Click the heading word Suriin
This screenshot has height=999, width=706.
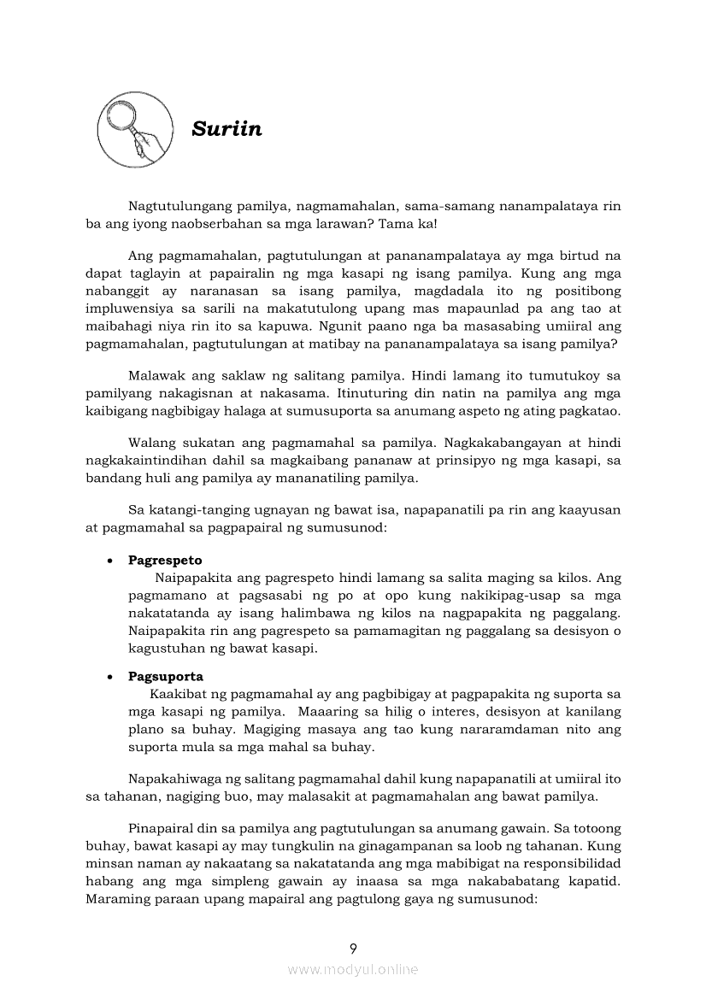227,129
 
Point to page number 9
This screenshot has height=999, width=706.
353,948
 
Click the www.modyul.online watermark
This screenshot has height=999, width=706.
353,970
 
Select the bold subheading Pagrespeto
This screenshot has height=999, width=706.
165,561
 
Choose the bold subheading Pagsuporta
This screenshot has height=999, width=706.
166,676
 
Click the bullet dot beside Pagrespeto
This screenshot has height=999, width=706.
111,561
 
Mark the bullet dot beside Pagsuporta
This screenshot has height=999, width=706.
111,677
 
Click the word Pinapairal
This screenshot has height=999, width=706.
162,828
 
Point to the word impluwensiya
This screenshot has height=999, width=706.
126,309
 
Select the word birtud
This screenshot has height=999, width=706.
581,256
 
